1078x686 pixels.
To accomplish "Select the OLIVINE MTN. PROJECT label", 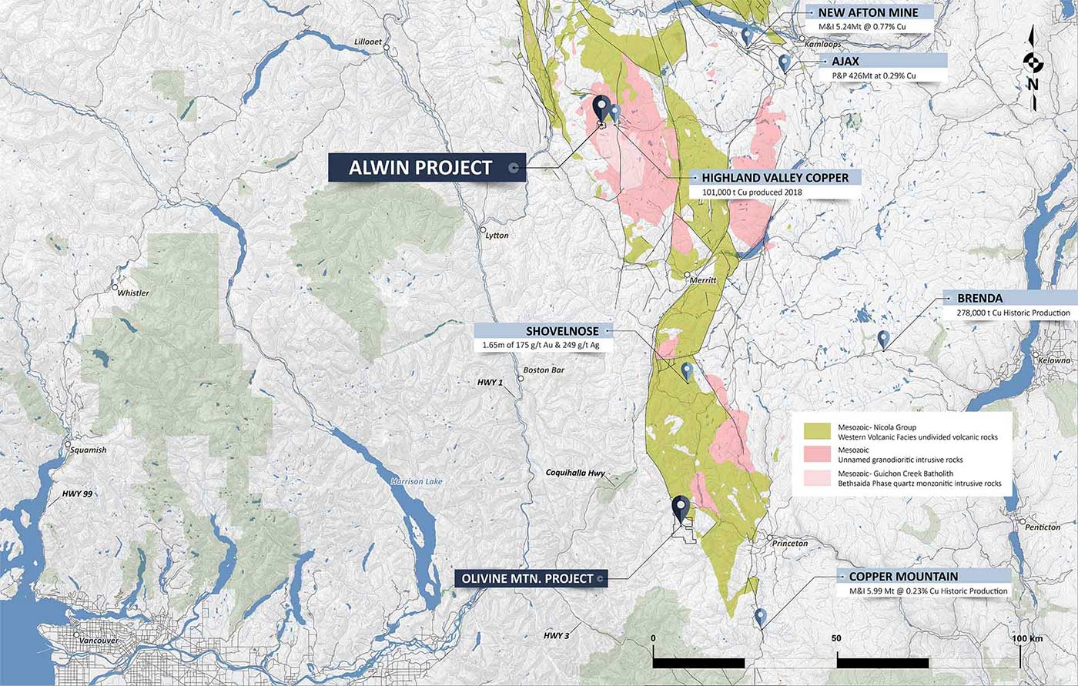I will click(x=528, y=578).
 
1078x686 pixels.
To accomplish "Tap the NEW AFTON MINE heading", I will click(x=868, y=12).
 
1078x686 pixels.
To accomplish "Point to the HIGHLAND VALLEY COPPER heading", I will click(x=775, y=177).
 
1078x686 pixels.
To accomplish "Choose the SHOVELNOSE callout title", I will click(x=551, y=331).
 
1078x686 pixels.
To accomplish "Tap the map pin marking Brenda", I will click(x=884, y=339).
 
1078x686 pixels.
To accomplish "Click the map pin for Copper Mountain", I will click(x=761, y=617).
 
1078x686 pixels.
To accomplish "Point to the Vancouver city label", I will click(x=96, y=640).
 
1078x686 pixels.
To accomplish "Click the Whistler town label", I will click(x=132, y=293).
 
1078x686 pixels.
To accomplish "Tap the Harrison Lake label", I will click(x=417, y=482).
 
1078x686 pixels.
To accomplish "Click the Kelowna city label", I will click(x=1053, y=360).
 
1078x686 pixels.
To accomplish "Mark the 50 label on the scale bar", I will click(x=836, y=638).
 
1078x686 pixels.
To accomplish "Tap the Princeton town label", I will click(x=791, y=544).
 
